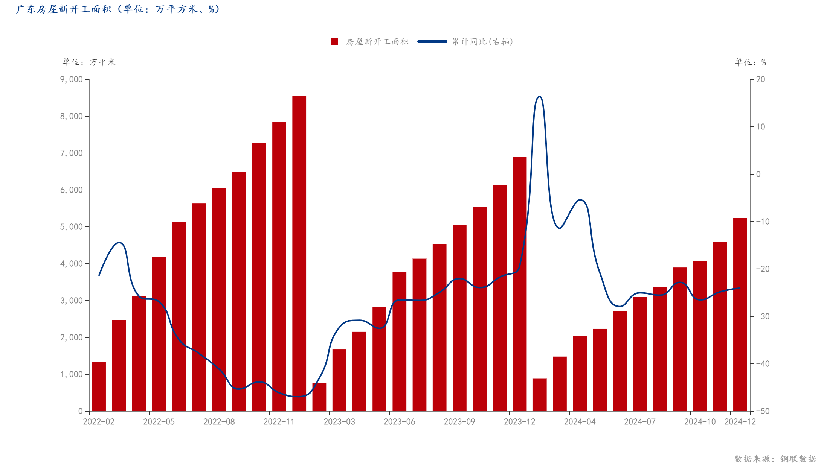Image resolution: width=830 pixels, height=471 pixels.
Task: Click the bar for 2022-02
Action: pos(99,386)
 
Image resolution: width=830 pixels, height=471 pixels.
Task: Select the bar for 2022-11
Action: pos(279,266)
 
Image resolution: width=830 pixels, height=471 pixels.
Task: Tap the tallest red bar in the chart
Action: pos(299,253)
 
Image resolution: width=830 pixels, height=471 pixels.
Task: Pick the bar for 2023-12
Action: pos(519,284)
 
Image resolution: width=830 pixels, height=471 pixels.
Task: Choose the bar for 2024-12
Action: pos(740,314)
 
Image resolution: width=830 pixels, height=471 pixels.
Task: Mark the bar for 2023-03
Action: pos(339,380)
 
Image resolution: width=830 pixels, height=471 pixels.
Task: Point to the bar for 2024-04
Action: pos(580,373)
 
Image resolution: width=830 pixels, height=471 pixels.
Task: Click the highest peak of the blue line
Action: pos(539,97)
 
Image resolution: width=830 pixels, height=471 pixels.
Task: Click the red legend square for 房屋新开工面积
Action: pos(334,41)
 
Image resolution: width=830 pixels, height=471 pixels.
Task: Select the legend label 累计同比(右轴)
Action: pos(482,41)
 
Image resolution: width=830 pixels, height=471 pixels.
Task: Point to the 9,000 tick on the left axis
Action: pos(72,79)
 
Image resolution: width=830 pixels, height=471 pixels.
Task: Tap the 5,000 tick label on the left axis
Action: pos(72,227)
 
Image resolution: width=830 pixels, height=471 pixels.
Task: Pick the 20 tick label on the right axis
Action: pos(760,79)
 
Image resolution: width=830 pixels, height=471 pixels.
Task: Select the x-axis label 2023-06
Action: pos(399,422)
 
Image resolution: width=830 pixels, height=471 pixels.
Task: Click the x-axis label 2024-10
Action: pos(700,422)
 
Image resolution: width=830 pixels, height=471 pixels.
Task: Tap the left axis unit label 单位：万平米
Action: pos(89,62)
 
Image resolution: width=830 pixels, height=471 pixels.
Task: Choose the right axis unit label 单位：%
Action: pos(750,62)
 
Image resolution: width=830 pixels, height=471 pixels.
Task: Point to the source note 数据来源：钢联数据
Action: pos(775,459)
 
